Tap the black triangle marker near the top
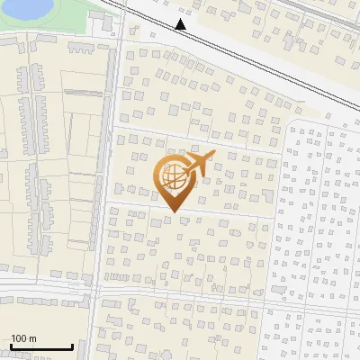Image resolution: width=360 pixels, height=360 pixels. pyautogui.click(x=181, y=24)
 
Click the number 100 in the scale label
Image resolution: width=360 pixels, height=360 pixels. pyautogui.click(x=19, y=338)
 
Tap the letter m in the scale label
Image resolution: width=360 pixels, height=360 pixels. pyautogui.click(x=32, y=338)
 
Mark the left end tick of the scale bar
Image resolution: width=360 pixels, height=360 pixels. pyautogui.click(x=9, y=346)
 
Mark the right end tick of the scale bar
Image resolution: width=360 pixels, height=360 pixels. pyautogui.click(x=72, y=346)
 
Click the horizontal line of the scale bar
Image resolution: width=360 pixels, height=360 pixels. pyautogui.click(x=40, y=348)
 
